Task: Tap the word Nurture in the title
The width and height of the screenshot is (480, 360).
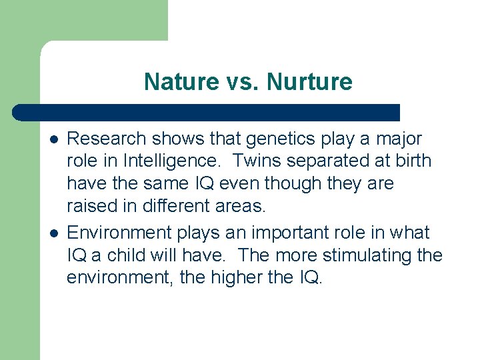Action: [309, 82]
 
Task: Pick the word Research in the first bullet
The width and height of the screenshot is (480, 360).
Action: [107, 139]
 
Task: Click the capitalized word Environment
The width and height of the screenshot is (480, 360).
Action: [119, 233]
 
